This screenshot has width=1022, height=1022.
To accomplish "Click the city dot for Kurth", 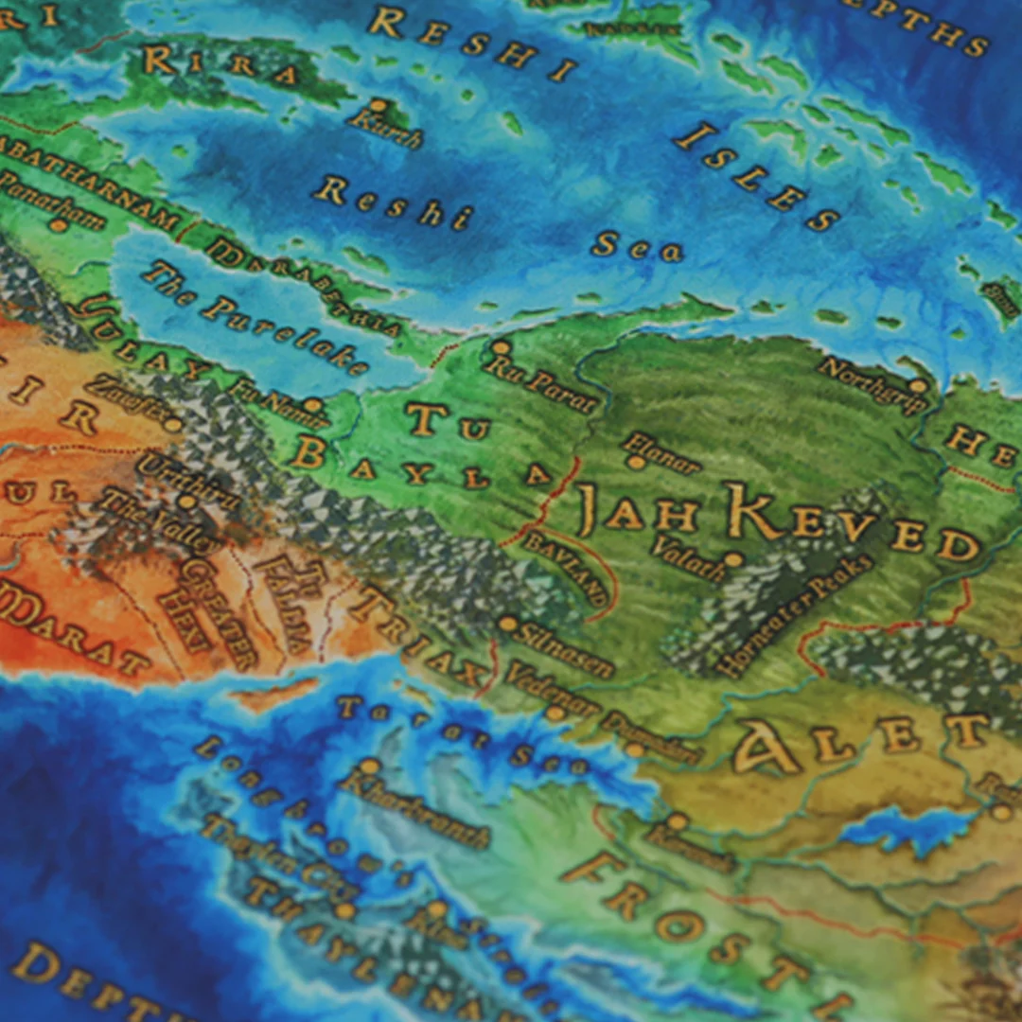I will pos(379,104).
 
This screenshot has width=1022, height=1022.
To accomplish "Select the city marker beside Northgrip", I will pos(916,386).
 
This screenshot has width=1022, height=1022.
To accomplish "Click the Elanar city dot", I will pos(636,463).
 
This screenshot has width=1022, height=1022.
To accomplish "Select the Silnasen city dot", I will pos(508,624).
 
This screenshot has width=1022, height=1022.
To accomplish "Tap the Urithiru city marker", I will pos(187,501).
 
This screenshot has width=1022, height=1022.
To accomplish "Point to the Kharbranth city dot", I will pos(371,765).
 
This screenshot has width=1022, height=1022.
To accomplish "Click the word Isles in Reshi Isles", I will pos(757,177).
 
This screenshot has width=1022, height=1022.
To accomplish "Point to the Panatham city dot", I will pos(59,225).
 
